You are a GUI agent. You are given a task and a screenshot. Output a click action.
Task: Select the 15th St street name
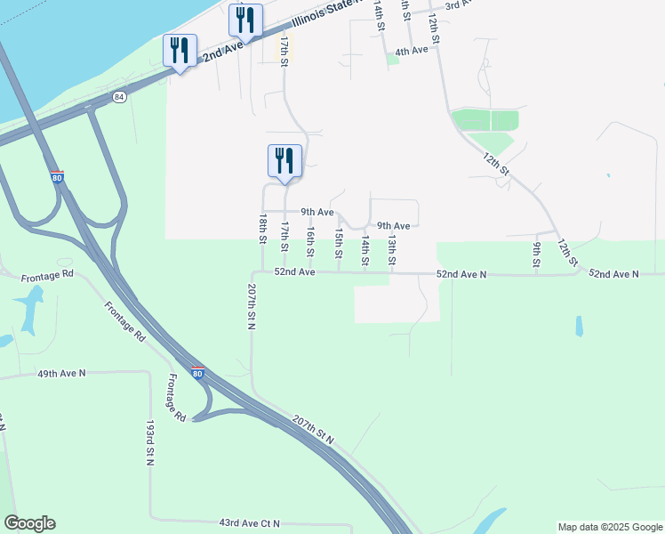coord(339,242)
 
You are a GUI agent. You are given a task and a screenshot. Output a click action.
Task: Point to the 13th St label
coord(391,250)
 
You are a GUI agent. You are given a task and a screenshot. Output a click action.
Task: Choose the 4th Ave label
coord(412,51)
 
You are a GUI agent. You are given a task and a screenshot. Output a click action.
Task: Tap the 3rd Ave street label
coord(459,5)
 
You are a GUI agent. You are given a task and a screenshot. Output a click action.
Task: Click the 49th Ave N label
coord(60,375)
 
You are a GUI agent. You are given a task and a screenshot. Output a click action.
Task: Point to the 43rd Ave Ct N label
coord(250,523)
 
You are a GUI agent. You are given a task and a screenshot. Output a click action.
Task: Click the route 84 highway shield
coord(120,96)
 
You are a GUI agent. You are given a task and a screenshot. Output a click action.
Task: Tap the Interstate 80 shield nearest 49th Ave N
coord(197,373)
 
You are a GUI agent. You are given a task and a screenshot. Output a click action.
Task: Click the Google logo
coord(29,523)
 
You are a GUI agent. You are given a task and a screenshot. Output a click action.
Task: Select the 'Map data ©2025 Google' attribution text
coord(610,527)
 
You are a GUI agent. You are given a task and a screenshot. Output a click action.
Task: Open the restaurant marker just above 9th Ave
coord(284,162)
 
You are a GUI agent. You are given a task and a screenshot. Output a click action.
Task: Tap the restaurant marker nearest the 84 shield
coord(180,52)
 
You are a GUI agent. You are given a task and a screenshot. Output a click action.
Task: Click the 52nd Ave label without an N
coord(295,271)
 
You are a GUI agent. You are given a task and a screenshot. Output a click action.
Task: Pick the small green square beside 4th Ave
coord(392,59)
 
